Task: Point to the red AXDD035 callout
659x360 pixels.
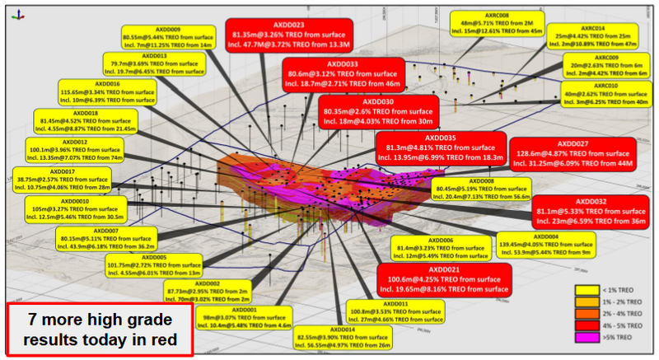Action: click(440, 147)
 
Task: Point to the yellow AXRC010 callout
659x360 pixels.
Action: click(605, 96)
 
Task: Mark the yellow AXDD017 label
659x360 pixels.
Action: click(61, 180)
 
